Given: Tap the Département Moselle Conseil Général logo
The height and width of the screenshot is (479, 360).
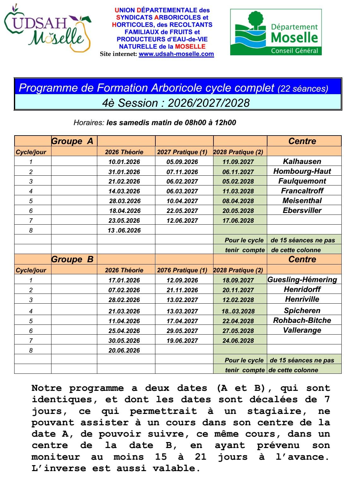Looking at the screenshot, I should point(276,32).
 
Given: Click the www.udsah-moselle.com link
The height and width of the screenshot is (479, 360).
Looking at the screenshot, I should point(176,54).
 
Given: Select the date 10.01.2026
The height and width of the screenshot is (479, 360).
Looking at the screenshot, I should point(124,162).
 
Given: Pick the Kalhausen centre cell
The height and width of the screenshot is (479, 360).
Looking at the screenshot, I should point(302,161).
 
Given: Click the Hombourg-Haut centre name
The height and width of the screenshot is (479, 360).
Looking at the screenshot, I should point(302,171).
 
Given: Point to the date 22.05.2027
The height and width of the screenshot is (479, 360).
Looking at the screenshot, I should point(182,211).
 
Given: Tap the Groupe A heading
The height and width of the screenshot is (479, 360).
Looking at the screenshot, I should point(72,141).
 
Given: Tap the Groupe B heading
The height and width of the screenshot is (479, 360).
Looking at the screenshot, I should point(72,259).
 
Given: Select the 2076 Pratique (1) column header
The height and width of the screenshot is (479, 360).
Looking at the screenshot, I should point(182,270).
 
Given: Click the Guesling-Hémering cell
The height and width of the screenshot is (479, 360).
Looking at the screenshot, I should point(302,280).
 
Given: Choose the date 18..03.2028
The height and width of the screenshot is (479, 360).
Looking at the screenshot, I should point(238,311).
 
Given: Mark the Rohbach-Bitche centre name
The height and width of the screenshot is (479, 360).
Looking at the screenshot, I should point(302,320).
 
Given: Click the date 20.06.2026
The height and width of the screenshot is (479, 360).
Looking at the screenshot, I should point(124,350).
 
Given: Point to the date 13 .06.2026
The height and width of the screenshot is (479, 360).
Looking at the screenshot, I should point(124,230).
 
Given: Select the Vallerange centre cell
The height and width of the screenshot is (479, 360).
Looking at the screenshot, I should point(302,330).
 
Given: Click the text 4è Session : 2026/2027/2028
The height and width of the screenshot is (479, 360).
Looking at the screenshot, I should point(176,103).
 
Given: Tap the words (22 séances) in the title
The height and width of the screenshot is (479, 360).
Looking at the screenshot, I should point(303,89).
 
